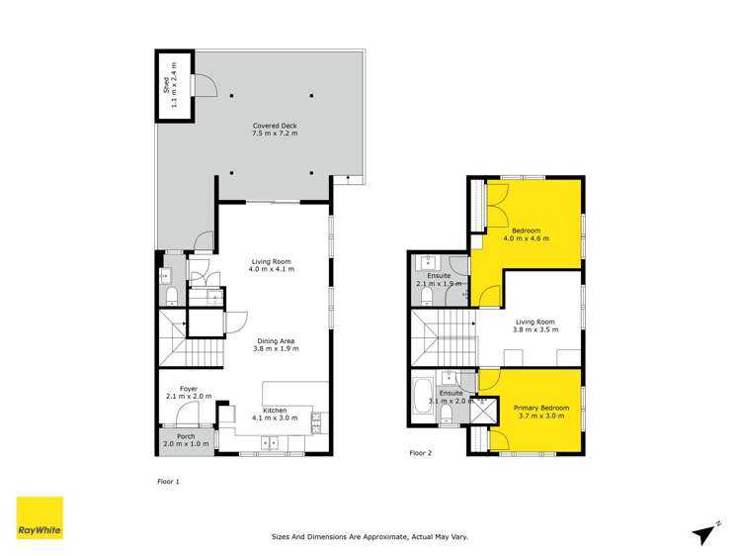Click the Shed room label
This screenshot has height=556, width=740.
171,76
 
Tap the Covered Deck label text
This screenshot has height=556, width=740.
274,130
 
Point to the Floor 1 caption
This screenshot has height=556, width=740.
169,482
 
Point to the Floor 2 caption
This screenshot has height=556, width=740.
421,453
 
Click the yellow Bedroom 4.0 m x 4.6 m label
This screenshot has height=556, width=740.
526,234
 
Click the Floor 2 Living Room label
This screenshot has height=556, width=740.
535,325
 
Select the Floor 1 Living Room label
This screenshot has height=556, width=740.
271,265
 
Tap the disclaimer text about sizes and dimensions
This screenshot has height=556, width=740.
370,537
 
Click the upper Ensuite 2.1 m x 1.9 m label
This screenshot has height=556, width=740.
439,279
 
